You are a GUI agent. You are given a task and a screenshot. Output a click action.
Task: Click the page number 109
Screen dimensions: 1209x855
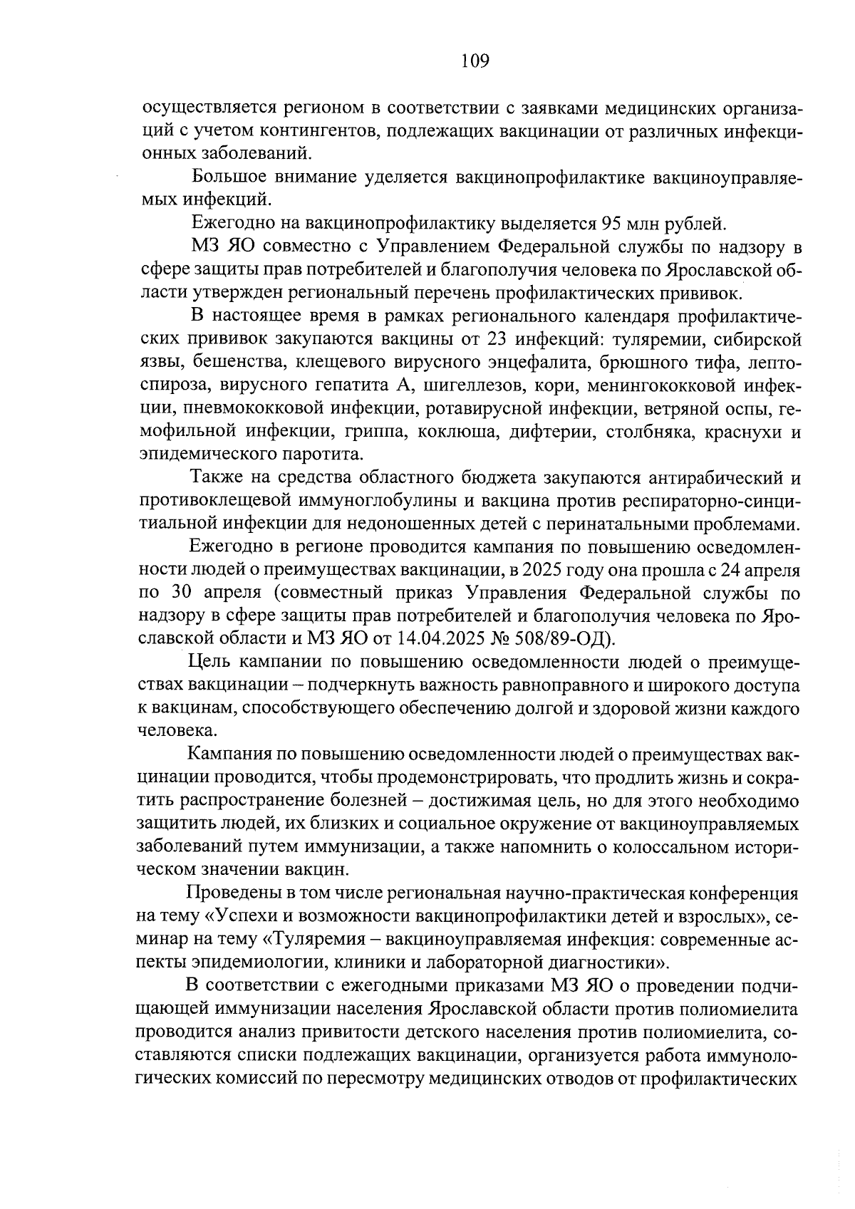(x=475, y=61)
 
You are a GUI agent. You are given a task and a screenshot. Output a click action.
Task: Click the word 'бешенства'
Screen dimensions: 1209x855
(x=230, y=363)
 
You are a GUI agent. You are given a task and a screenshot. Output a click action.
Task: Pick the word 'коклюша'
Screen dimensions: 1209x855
(x=462, y=432)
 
